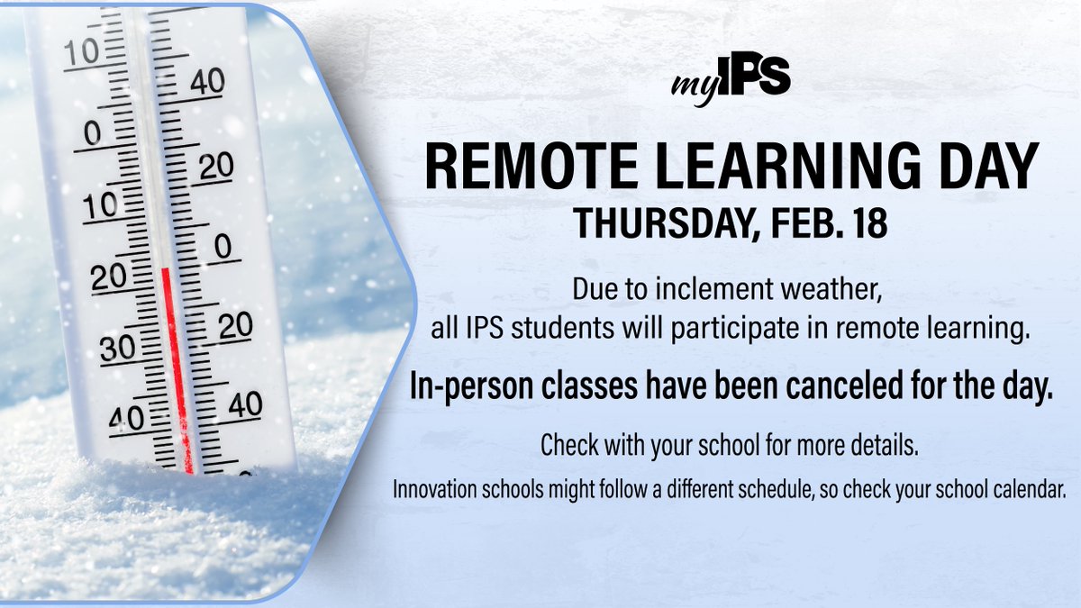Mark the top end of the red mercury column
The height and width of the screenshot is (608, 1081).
tap(166, 269)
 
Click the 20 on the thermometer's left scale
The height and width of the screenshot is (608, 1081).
tap(109, 278)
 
